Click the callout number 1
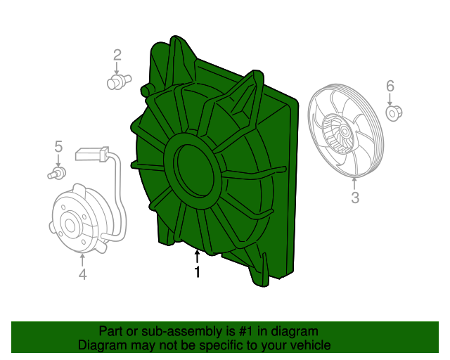pyautogui.click(x=197, y=271)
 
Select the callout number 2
pyautogui.click(x=117, y=55)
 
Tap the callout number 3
pyautogui.click(x=355, y=198)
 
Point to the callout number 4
pyautogui.click(x=83, y=274)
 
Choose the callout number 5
pyautogui.click(x=58, y=147)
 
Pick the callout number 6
pyautogui.click(x=390, y=86)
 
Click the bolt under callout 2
pyautogui.click(x=119, y=82)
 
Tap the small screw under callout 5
pyautogui.click(x=57, y=173)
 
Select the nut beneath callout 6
pyautogui.click(x=394, y=113)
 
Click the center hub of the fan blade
pyautogui.click(x=344, y=131)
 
